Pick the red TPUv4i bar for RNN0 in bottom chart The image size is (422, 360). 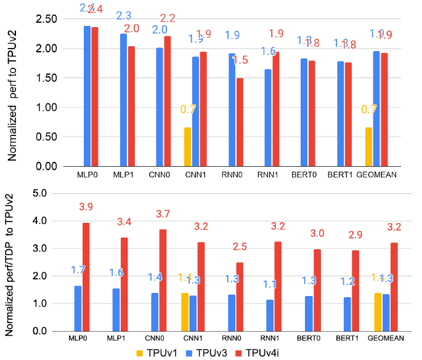240,297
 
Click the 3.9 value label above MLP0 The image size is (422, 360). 86,207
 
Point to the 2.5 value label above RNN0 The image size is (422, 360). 240,247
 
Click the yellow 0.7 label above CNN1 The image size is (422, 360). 188,110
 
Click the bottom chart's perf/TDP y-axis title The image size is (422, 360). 10,263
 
